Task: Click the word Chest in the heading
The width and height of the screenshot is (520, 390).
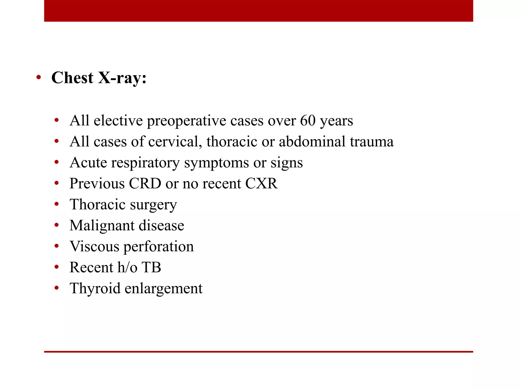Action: (72, 78)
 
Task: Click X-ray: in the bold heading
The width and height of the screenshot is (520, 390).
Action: (122, 78)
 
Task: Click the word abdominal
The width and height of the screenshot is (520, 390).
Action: (312, 142)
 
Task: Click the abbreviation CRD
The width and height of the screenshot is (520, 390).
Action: (145, 183)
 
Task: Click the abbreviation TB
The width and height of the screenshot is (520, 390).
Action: (151, 267)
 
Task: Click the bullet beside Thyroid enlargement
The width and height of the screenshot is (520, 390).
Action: (57, 288)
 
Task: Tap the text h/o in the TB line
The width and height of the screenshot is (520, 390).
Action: (127, 267)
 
